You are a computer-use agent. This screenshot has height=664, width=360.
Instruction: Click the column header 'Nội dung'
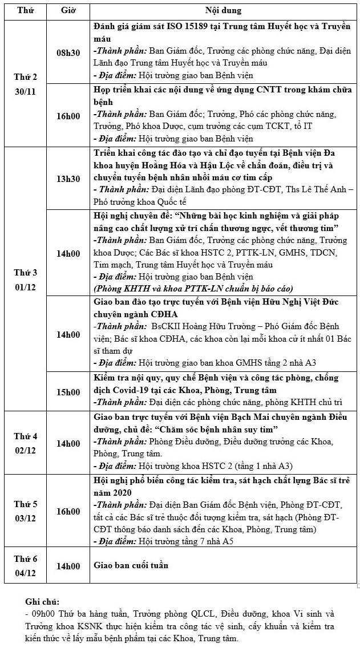[x=223, y=10]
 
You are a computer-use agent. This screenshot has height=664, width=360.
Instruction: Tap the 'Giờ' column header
[x=68, y=10]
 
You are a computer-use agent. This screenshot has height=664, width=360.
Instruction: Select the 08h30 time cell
[x=68, y=52]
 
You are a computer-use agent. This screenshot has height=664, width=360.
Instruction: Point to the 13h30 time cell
[x=68, y=179]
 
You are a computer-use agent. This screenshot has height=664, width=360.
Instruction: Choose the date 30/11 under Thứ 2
[x=25, y=91]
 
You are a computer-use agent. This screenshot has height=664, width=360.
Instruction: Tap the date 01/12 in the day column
[x=25, y=287]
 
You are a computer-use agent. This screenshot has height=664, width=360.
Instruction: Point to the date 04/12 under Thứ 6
[x=25, y=572]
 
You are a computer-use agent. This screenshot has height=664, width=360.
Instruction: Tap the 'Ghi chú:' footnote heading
[x=42, y=602]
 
